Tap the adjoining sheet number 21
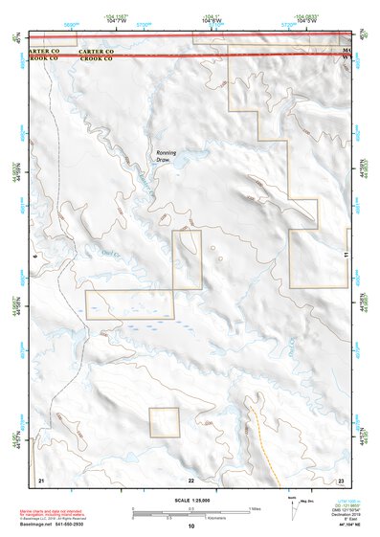coord(40,479)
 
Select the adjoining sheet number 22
coord(191,479)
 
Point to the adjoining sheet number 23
coord(341,479)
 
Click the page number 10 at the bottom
coord(190,526)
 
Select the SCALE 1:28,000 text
coord(190,499)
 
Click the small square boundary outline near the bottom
coord(164,422)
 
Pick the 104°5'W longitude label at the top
coord(307,20)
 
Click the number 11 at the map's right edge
coord(344,257)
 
